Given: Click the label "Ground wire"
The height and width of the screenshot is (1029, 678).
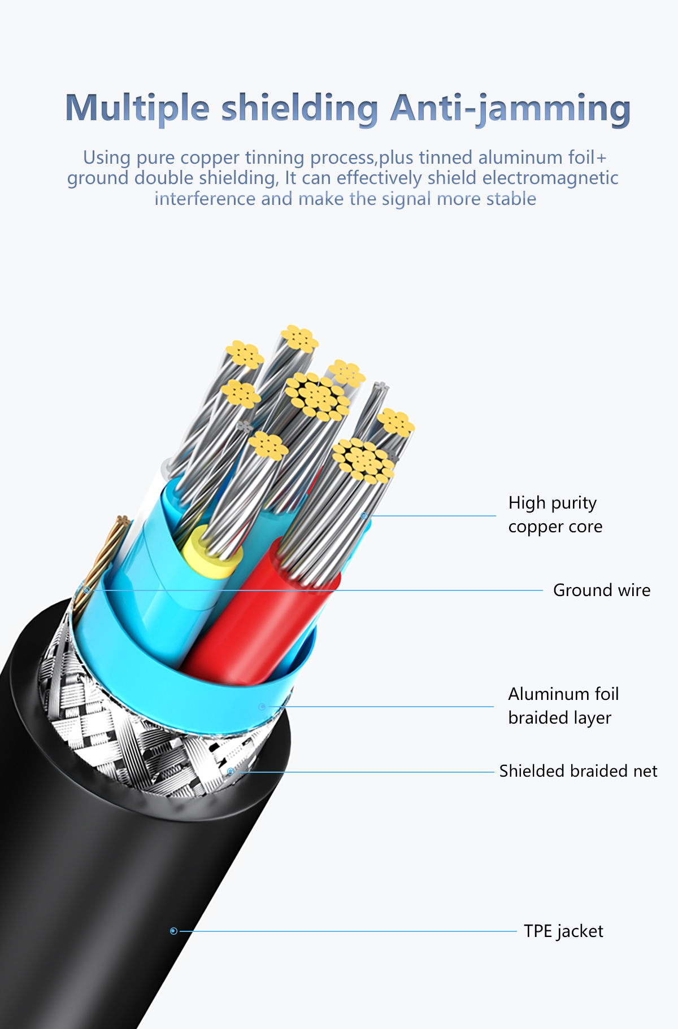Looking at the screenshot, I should point(601,590).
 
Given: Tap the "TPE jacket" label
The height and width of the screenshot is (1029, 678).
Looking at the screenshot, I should point(563,931).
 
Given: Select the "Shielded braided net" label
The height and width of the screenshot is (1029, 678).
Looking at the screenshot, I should point(578,771).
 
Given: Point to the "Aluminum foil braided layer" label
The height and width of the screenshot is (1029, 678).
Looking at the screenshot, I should point(563,706).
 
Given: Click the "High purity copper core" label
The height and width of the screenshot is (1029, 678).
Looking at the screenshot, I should point(555,514).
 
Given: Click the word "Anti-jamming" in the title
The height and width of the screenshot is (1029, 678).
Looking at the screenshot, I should point(510,108).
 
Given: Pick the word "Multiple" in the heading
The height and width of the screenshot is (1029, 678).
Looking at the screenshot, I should point(137,108).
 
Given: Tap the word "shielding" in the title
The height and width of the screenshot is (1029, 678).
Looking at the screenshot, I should point(299,108).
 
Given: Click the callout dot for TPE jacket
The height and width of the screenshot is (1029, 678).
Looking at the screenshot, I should point(173,931).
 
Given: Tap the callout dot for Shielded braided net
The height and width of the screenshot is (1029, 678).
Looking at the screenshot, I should point(231,771).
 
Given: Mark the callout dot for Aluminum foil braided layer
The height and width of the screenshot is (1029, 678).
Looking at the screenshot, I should point(262,707).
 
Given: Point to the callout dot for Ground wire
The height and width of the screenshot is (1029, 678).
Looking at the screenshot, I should point(86,590).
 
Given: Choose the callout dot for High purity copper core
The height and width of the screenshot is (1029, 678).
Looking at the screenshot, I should point(364,515).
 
